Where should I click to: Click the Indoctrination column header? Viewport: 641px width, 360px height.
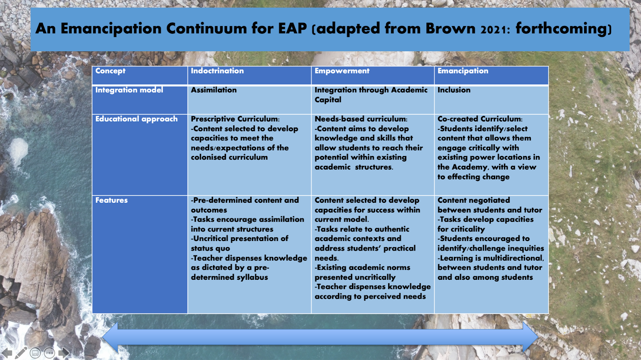(x=217, y=71)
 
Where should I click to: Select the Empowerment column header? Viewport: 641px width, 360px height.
(x=342, y=71)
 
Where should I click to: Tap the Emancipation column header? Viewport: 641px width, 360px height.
(x=463, y=71)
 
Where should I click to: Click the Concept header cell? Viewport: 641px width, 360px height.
(x=110, y=71)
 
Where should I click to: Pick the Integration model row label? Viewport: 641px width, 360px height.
(x=129, y=90)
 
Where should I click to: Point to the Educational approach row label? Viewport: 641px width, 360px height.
(x=136, y=119)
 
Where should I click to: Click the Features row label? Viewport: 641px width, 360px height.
(x=111, y=200)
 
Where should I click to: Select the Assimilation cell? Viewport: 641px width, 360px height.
(x=214, y=90)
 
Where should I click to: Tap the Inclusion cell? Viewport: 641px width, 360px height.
(x=454, y=90)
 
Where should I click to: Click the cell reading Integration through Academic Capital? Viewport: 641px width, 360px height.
(x=371, y=95)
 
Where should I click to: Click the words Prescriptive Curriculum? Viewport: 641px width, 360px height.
(x=234, y=119)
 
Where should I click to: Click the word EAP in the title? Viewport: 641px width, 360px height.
(x=292, y=28)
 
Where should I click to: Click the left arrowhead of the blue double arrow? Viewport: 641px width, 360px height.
(x=110, y=337)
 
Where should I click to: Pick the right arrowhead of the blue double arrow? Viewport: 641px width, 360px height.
(x=530, y=337)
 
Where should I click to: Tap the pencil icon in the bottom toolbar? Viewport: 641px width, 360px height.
(x=21, y=353)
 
